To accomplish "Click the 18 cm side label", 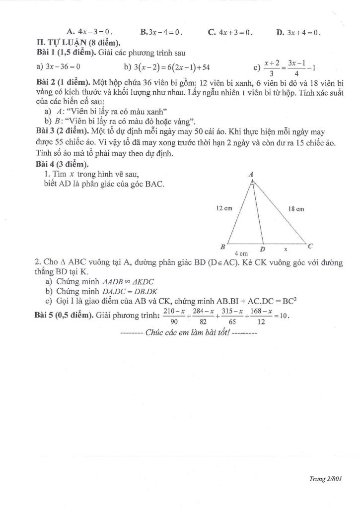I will [296, 209].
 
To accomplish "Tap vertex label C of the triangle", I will [310, 246].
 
